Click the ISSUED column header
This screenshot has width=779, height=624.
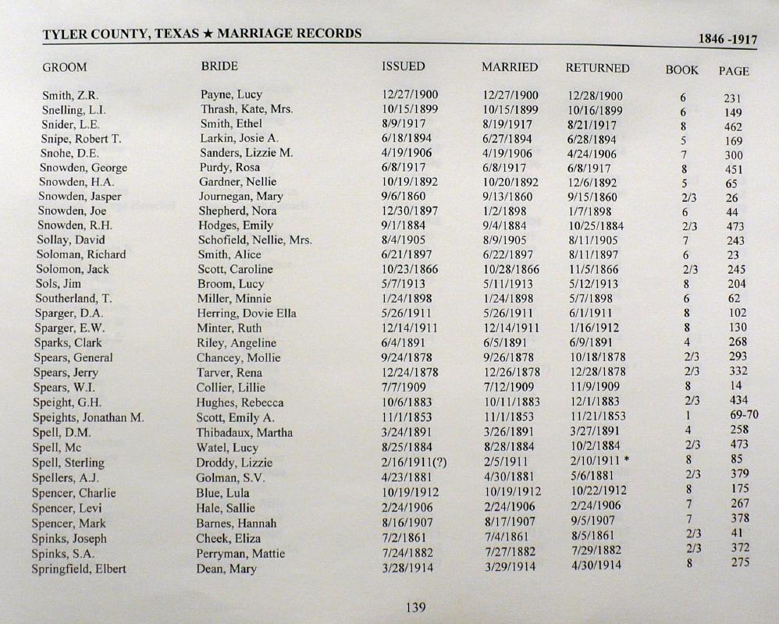[x=403, y=67]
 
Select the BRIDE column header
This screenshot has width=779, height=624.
[x=219, y=67]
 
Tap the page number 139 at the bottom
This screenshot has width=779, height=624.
[x=415, y=608]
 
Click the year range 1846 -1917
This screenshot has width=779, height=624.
[x=727, y=40]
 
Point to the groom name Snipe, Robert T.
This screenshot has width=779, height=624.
[x=81, y=139]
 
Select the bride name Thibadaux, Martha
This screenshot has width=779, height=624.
[x=244, y=433]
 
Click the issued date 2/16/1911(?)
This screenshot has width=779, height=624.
[x=414, y=463]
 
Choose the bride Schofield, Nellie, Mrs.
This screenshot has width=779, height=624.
[x=254, y=239]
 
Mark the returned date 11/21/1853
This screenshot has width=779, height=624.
[x=598, y=417]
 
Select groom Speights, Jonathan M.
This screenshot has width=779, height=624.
[x=88, y=417]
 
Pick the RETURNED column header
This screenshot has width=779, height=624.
[x=597, y=68]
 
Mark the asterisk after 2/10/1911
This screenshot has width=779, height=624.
[x=627, y=460]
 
